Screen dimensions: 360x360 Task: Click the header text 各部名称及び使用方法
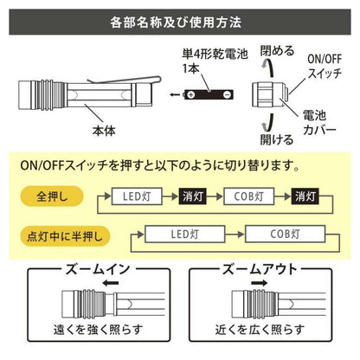tap(176, 22)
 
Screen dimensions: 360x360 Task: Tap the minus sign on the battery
tap(227, 94)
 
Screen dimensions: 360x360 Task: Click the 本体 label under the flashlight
tap(104, 131)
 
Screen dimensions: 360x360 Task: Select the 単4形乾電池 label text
tap(215, 54)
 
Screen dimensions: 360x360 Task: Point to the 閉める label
tap(277, 51)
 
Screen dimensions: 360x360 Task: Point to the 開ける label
tap(277, 139)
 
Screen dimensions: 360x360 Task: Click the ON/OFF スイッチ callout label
tap(325, 66)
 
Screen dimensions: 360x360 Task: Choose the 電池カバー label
tap(319, 123)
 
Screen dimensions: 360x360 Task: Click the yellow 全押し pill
tap(52, 196)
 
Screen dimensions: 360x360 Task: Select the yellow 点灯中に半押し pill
tap(65, 236)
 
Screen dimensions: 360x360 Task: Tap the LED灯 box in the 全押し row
tap(137, 196)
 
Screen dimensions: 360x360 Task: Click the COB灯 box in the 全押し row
tap(248, 196)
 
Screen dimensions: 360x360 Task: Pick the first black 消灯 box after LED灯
tap(192, 196)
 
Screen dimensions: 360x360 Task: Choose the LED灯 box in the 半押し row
tap(184, 234)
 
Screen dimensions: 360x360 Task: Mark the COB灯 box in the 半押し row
tap(285, 234)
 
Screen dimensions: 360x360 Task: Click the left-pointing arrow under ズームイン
tap(111, 283)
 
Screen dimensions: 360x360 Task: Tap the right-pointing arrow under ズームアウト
tap(259, 283)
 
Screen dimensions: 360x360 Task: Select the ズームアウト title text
tap(260, 270)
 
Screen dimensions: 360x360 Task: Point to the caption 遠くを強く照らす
tap(99, 330)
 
